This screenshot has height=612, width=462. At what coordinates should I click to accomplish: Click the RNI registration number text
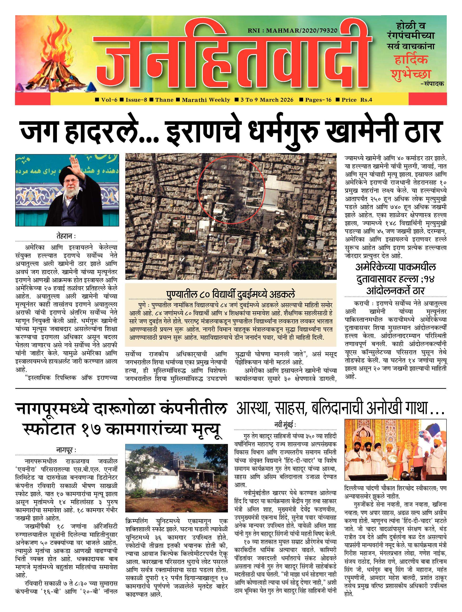tap(293, 31)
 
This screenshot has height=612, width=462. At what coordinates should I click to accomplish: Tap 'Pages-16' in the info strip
tap(318, 100)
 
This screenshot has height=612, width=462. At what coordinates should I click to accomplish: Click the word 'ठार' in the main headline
tap(423, 132)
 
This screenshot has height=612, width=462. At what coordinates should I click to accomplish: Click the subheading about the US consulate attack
tap(395, 279)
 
